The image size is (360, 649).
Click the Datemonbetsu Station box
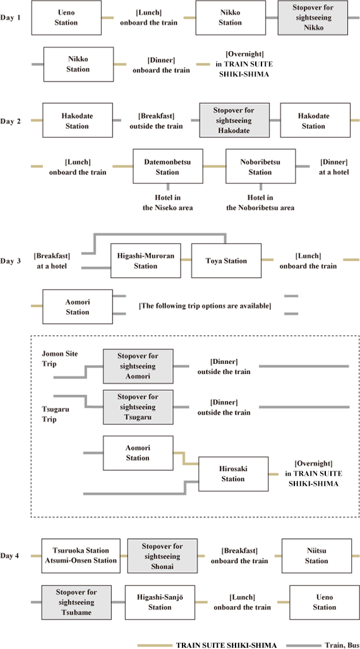tap(167, 166)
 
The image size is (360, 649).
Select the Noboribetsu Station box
tap(260, 166)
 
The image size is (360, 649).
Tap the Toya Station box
tap(226, 261)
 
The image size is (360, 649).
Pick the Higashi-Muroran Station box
tap(146, 261)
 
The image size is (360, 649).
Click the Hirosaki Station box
tap(234, 474)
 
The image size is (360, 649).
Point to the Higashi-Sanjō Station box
tap(160, 602)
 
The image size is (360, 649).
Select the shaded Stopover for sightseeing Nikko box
tap(313, 18)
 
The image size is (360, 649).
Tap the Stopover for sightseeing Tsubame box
tap(76, 602)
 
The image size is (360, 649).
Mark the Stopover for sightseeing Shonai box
tap(162, 556)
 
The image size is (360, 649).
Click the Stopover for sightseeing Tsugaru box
tap(138, 407)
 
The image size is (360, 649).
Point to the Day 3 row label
tap(10, 261)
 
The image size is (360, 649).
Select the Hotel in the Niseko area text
tap(168, 203)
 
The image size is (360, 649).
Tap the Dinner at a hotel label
tap(333, 166)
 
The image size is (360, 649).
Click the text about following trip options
tap(205, 306)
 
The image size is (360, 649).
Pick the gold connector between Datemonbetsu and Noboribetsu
tap(214, 166)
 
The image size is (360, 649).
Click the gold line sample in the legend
tap(153, 645)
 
